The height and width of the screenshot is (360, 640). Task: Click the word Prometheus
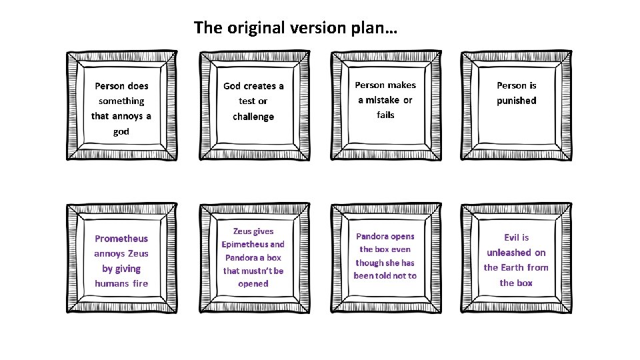[x=121, y=239]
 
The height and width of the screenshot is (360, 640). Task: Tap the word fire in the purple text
[x=140, y=283]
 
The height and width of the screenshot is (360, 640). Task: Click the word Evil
[x=511, y=237]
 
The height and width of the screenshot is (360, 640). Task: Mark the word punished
[x=516, y=101]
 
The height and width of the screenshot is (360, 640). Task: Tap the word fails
[x=385, y=115]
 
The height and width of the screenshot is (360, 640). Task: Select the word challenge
[x=253, y=117]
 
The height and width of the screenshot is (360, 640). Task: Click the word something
[x=121, y=101]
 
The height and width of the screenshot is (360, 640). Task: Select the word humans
[x=111, y=283]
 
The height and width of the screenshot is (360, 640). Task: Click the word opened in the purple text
[x=253, y=283]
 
